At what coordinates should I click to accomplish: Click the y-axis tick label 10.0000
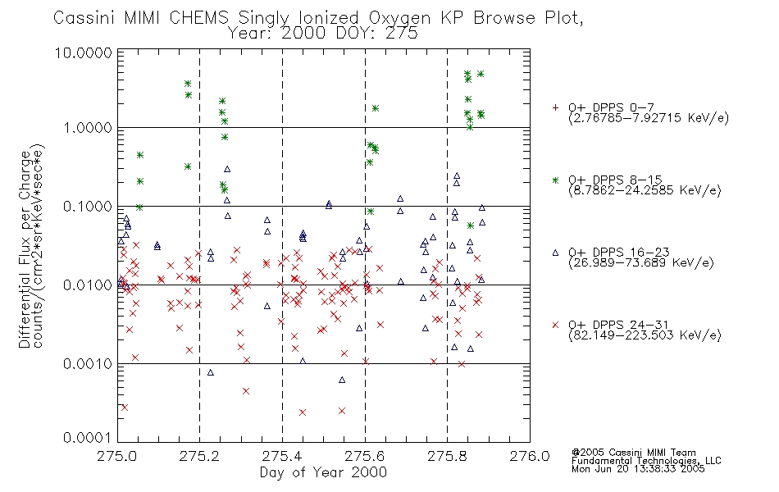(x=84, y=52)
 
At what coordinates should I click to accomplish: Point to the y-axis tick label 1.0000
(x=88, y=128)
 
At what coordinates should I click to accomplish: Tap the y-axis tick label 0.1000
(x=88, y=207)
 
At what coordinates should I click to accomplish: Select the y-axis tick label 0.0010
(x=88, y=364)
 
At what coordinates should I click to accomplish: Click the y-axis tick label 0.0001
(x=88, y=437)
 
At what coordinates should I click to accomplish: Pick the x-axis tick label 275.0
(x=117, y=456)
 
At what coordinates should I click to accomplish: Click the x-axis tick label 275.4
(x=282, y=456)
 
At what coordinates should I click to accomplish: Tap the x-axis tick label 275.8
(x=447, y=456)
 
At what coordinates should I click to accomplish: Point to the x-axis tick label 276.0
(x=530, y=456)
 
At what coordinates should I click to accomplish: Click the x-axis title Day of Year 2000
(x=323, y=472)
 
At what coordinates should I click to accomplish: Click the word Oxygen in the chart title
(x=400, y=18)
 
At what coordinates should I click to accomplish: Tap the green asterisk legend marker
(x=555, y=180)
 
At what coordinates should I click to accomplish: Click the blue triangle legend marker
(x=555, y=253)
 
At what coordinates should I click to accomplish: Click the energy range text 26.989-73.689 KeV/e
(x=641, y=262)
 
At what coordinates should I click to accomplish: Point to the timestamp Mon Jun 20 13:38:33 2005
(x=638, y=469)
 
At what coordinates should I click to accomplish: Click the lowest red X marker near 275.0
(x=125, y=408)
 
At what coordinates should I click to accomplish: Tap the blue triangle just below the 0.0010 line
(x=210, y=372)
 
